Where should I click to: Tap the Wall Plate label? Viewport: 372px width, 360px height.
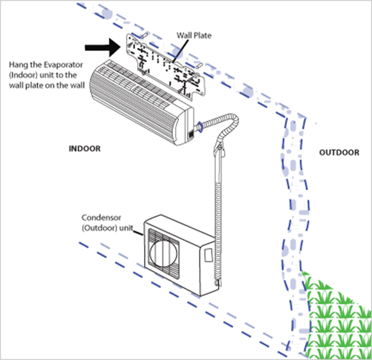click(194, 35)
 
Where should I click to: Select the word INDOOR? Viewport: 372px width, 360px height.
click(85, 149)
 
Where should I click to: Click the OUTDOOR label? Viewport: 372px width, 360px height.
click(339, 152)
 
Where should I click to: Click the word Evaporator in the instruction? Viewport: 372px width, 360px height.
click(64, 65)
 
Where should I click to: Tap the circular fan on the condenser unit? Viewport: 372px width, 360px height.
click(163, 253)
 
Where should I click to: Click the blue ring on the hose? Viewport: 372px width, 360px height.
click(200, 127)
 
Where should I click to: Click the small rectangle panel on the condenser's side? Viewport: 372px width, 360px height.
click(208, 255)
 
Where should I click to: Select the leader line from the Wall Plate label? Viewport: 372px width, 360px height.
click(181, 51)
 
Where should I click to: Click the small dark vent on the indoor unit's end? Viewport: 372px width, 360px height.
click(190, 135)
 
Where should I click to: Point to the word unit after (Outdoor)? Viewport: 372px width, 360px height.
click(126, 228)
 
